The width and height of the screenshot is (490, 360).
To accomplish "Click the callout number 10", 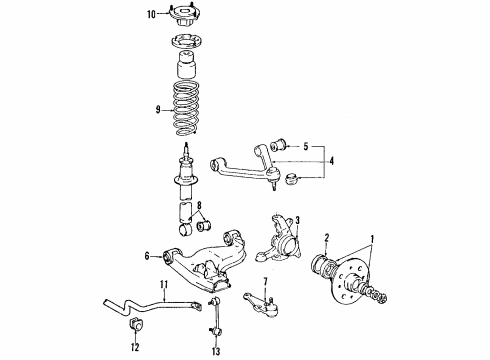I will pyautogui.click(x=152, y=14).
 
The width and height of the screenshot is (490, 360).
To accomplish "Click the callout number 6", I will pyautogui.click(x=148, y=256).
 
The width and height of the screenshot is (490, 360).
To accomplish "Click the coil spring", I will pyautogui.click(x=187, y=110).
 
